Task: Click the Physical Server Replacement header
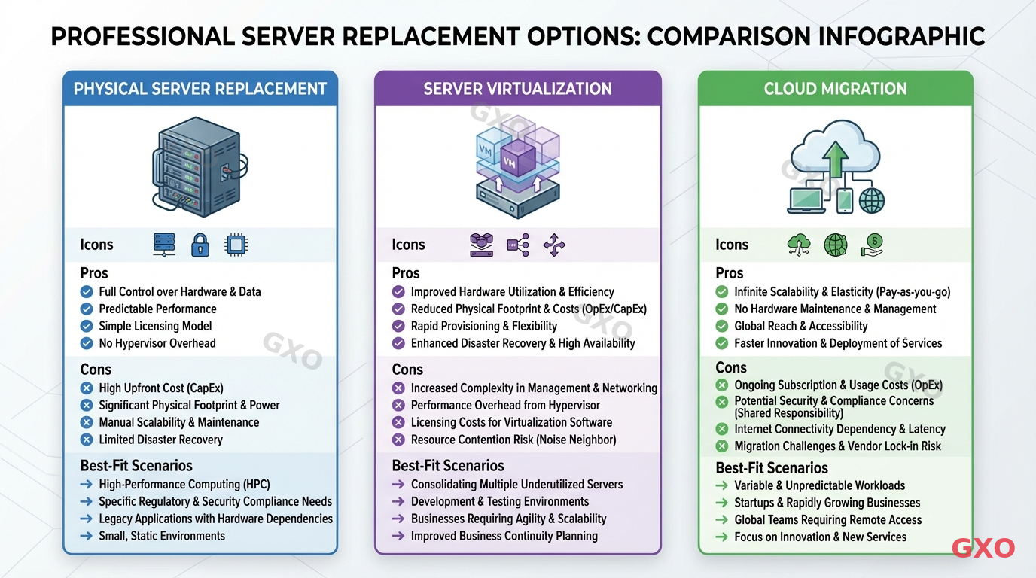coord(200,89)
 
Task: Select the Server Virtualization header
coord(517,89)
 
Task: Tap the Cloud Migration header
coord(835,89)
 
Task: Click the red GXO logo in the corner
coord(983,548)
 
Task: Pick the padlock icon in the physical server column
coord(200,244)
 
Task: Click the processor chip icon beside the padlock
coord(236,244)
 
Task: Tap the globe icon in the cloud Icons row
coord(836,244)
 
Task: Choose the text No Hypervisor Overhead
coord(157,343)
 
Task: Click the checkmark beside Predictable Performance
coord(87,309)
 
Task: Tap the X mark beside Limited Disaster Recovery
coord(87,440)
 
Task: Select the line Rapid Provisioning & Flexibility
coord(483,326)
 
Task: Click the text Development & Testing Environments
coord(500,501)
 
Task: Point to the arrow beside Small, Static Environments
coord(87,536)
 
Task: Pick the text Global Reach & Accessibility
coord(801,326)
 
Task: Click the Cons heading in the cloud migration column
coord(731,368)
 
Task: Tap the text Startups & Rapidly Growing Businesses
coord(827,503)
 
